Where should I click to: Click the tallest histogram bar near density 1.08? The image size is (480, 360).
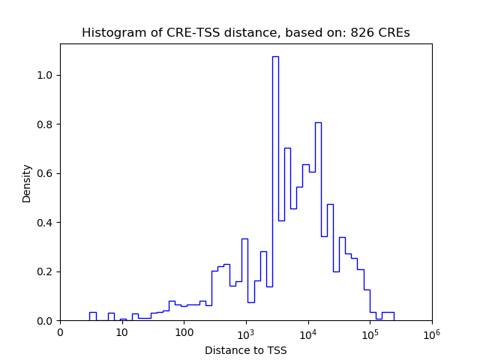click(275, 187)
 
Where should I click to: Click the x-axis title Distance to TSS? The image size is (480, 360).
click(245, 349)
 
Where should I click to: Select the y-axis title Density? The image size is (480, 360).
click(27, 183)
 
